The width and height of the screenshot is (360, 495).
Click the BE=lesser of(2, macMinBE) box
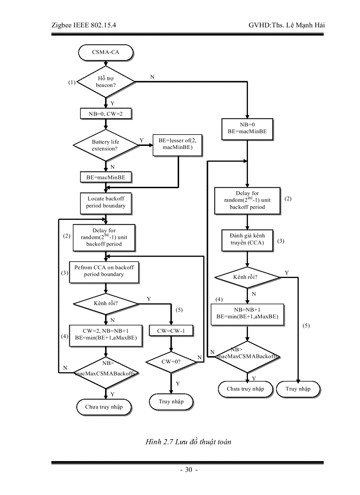pos(177,144)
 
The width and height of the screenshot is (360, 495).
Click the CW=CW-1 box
pos(171,331)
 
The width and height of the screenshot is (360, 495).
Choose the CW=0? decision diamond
pos(171,361)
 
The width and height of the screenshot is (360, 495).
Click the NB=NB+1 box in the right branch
pos(247,313)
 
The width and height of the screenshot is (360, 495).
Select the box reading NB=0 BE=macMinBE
pos(247,128)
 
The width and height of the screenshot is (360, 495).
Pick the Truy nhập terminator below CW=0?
pos(171,402)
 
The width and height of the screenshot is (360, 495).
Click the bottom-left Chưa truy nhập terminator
pos(104,407)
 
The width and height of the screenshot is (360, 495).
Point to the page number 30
pos(189,469)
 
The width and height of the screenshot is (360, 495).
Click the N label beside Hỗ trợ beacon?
pos(152,77)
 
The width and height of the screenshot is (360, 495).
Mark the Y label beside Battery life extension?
pos(141,140)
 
